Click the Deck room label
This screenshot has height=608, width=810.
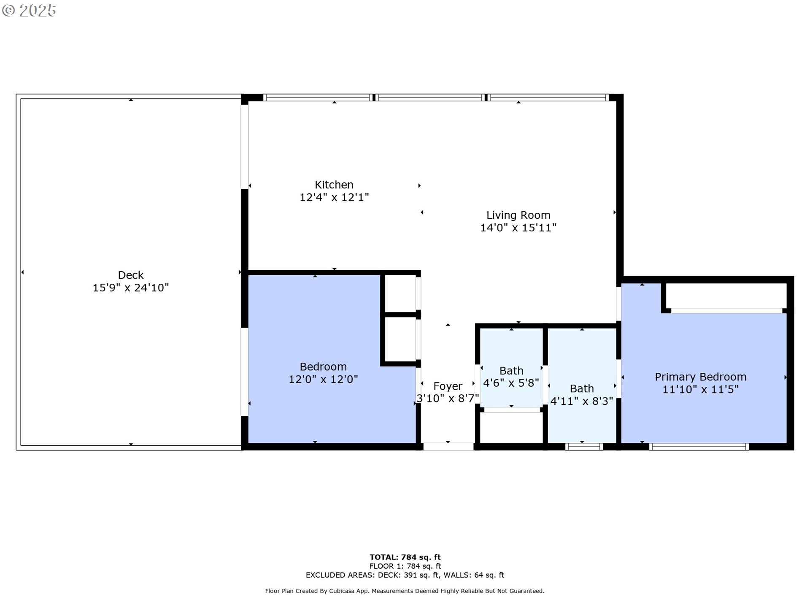click(x=131, y=275)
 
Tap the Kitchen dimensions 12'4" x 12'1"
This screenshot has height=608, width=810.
click(x=334, y=197)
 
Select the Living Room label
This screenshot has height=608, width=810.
click(x=518, y=215)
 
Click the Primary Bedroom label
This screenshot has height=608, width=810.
click(x=700, y=377)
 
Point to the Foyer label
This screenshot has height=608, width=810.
click(x=448, y=386)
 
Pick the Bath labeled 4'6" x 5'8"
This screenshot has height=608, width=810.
click(x=511, y=377)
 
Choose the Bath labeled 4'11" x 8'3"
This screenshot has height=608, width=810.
click(x=581, y=395)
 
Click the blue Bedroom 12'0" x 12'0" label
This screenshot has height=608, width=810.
click(x=323, y=373)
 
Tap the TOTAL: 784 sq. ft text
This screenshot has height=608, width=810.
click(x=405, y=557)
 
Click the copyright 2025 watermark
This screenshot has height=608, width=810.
click(x=29, y=11)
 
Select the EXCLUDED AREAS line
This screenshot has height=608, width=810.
click(x=405, y=575)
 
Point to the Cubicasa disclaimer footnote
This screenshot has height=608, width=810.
click(x=405, y=591)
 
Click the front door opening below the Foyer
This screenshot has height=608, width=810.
click(x=448, y=447)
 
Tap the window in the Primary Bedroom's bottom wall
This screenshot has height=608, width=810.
click(x=699, y=447)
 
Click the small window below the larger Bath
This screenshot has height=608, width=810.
click(x=584, y=447)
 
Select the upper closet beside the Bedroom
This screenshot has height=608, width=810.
click(x=400, y=294)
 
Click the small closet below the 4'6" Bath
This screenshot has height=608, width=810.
click(x=511, y=427)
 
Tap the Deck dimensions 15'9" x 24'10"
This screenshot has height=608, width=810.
click(x=131, y=288)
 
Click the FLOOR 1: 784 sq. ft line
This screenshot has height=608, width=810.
click(x=405, y=566)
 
